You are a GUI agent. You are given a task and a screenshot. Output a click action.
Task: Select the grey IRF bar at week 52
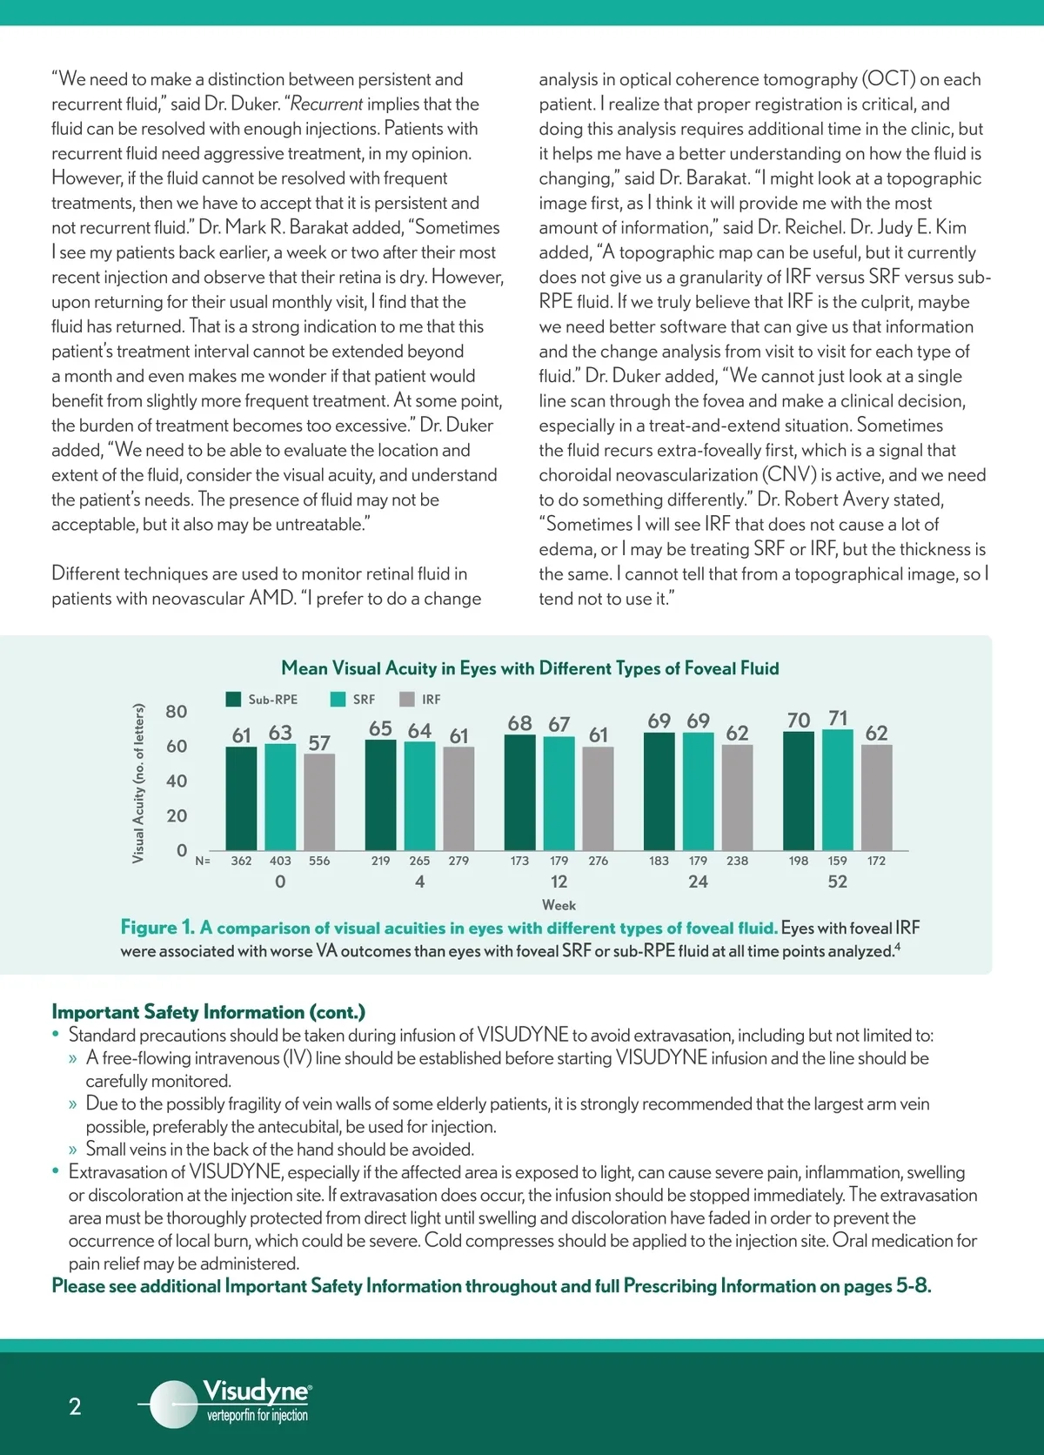876,797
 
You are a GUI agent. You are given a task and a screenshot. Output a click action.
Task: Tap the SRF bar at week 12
559,793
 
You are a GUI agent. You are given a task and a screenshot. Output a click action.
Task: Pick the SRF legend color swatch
338,700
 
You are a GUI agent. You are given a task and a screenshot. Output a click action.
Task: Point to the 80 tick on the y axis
177,712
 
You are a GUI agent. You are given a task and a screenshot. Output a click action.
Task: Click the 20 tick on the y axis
177,816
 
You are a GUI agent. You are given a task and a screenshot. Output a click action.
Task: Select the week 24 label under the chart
698,882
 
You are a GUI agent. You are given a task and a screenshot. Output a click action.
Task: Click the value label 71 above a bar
838,718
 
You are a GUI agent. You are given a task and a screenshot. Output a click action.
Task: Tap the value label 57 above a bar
319,743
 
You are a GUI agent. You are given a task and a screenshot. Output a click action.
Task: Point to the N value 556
319,861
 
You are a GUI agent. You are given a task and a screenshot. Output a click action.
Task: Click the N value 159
837,861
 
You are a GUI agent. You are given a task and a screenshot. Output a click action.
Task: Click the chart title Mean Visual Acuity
530,668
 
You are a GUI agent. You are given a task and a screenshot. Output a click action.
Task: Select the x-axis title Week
559,905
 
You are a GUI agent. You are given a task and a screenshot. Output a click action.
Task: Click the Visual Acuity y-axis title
138,783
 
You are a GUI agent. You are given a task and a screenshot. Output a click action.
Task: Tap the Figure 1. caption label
157,928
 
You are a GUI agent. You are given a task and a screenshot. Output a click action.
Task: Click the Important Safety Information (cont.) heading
208,1012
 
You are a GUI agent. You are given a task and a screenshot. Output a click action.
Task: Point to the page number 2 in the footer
75,1406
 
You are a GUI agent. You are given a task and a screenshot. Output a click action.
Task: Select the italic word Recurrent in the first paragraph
327,104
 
